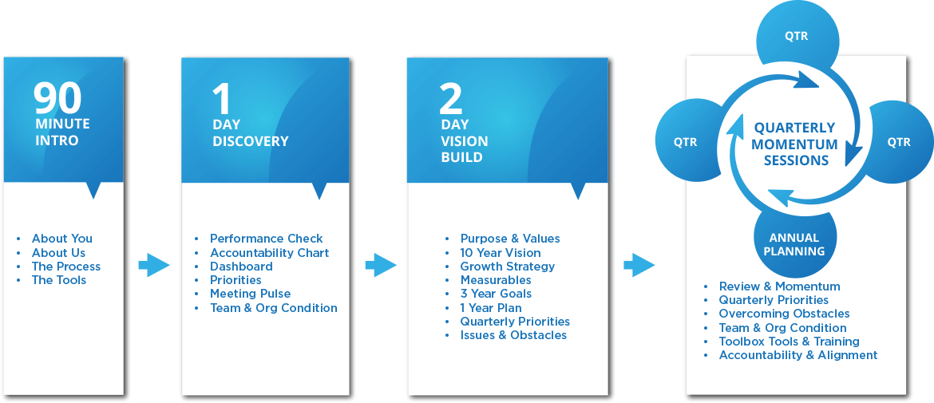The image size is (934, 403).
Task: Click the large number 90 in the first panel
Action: [x=57, y=99]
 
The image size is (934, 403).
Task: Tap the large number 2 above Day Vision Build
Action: [x=451, y=99]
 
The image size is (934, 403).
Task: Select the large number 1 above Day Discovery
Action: [x=221, y=99]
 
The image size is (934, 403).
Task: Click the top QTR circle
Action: [x=796, y=36]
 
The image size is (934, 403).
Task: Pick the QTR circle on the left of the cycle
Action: [x=685, y=142]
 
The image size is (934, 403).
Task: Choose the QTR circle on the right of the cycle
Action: [x=899, y=142]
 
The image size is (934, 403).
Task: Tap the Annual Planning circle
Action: [x=795, y=243]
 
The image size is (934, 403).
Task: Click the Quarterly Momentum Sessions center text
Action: [x=795, y=144]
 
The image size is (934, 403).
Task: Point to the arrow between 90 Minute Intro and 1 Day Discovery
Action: [x=153, y=265]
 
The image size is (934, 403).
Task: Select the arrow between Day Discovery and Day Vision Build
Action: [x=380, y=265]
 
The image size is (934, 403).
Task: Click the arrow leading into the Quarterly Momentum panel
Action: [x=639, y=265]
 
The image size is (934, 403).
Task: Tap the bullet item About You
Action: [x=61, y=239]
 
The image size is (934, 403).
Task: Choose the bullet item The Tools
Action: [x=58, y=280]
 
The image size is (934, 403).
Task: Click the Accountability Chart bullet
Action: [x=269, y=253]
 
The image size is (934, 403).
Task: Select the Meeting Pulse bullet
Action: [x=250, y=294]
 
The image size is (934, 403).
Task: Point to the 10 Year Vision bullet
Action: [x=501, y=253]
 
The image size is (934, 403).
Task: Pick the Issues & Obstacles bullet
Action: [x=513, y=335]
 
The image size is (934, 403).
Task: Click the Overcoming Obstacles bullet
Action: [x=784, y=314]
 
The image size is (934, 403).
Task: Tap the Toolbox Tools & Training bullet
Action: [x=789, y=342]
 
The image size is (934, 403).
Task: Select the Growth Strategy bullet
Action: [x=507, y=267]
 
